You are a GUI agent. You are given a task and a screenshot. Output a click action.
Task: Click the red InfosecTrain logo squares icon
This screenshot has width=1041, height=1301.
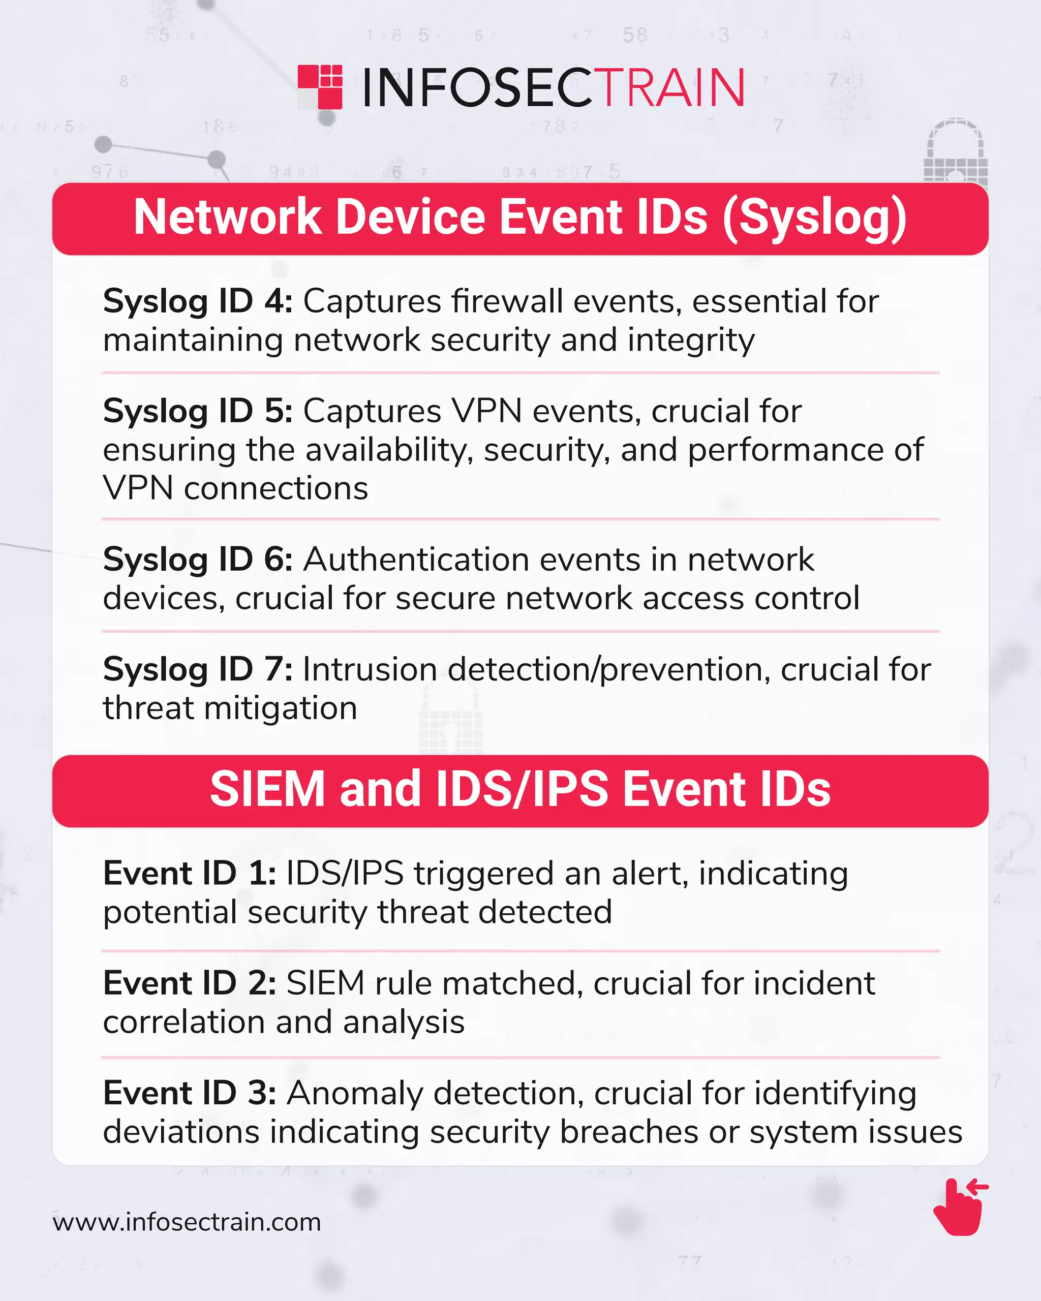320,87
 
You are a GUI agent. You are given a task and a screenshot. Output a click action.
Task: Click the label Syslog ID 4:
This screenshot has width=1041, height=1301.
198,301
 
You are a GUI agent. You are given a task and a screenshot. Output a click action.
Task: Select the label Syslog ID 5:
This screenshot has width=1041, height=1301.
198,412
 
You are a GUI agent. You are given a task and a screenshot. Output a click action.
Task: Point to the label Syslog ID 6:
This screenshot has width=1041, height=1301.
198,560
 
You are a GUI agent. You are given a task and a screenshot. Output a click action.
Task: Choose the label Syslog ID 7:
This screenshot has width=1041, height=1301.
198,670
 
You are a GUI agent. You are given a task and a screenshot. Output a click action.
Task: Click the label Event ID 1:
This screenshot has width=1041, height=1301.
190,874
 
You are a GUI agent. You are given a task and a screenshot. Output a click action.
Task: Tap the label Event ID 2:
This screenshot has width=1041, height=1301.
190,983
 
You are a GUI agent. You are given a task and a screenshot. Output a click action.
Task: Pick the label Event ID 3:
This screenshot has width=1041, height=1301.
190,1094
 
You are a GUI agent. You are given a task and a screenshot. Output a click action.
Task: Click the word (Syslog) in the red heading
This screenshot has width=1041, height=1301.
815,219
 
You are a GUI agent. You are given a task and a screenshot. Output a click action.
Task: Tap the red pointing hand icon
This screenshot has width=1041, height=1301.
960,1207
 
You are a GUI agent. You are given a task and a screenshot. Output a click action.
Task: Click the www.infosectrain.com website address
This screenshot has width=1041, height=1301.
187,1223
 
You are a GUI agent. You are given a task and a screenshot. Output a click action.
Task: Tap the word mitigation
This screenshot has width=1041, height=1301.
281,708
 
